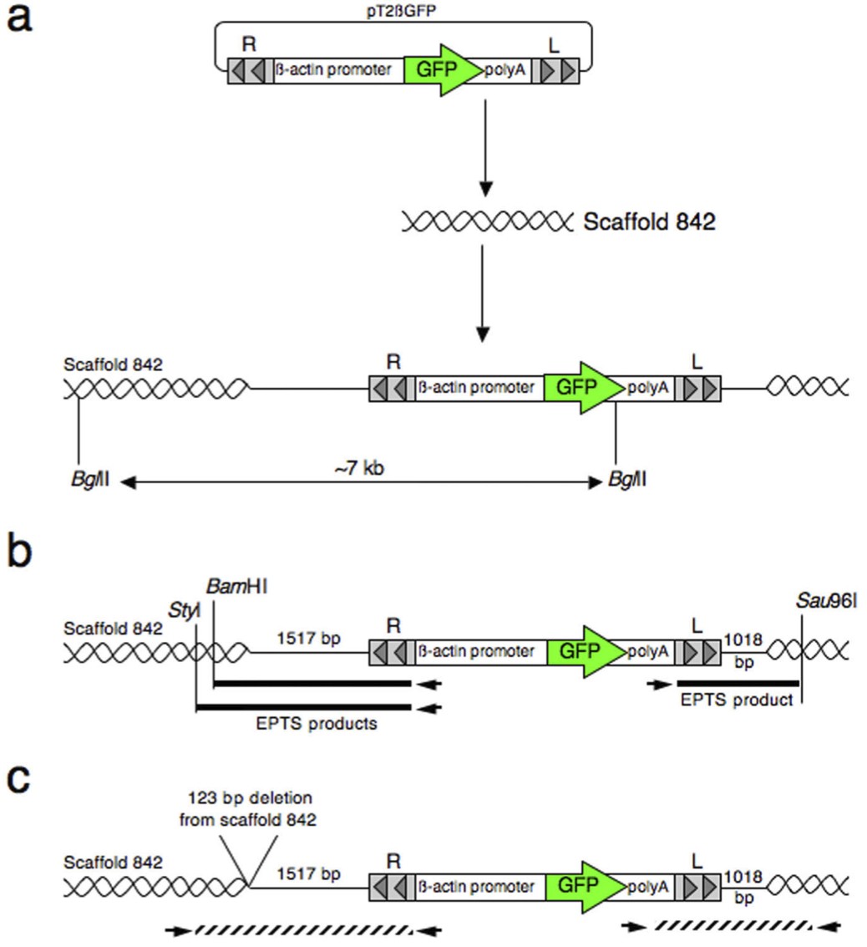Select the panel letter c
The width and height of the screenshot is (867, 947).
pos(21,779)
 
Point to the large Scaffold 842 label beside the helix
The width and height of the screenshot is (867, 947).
pos(649,222)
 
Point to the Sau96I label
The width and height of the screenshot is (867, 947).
pos(824,601)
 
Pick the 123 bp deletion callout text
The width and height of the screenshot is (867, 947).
pos(248,808)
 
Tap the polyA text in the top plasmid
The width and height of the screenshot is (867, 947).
pos(505,70)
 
